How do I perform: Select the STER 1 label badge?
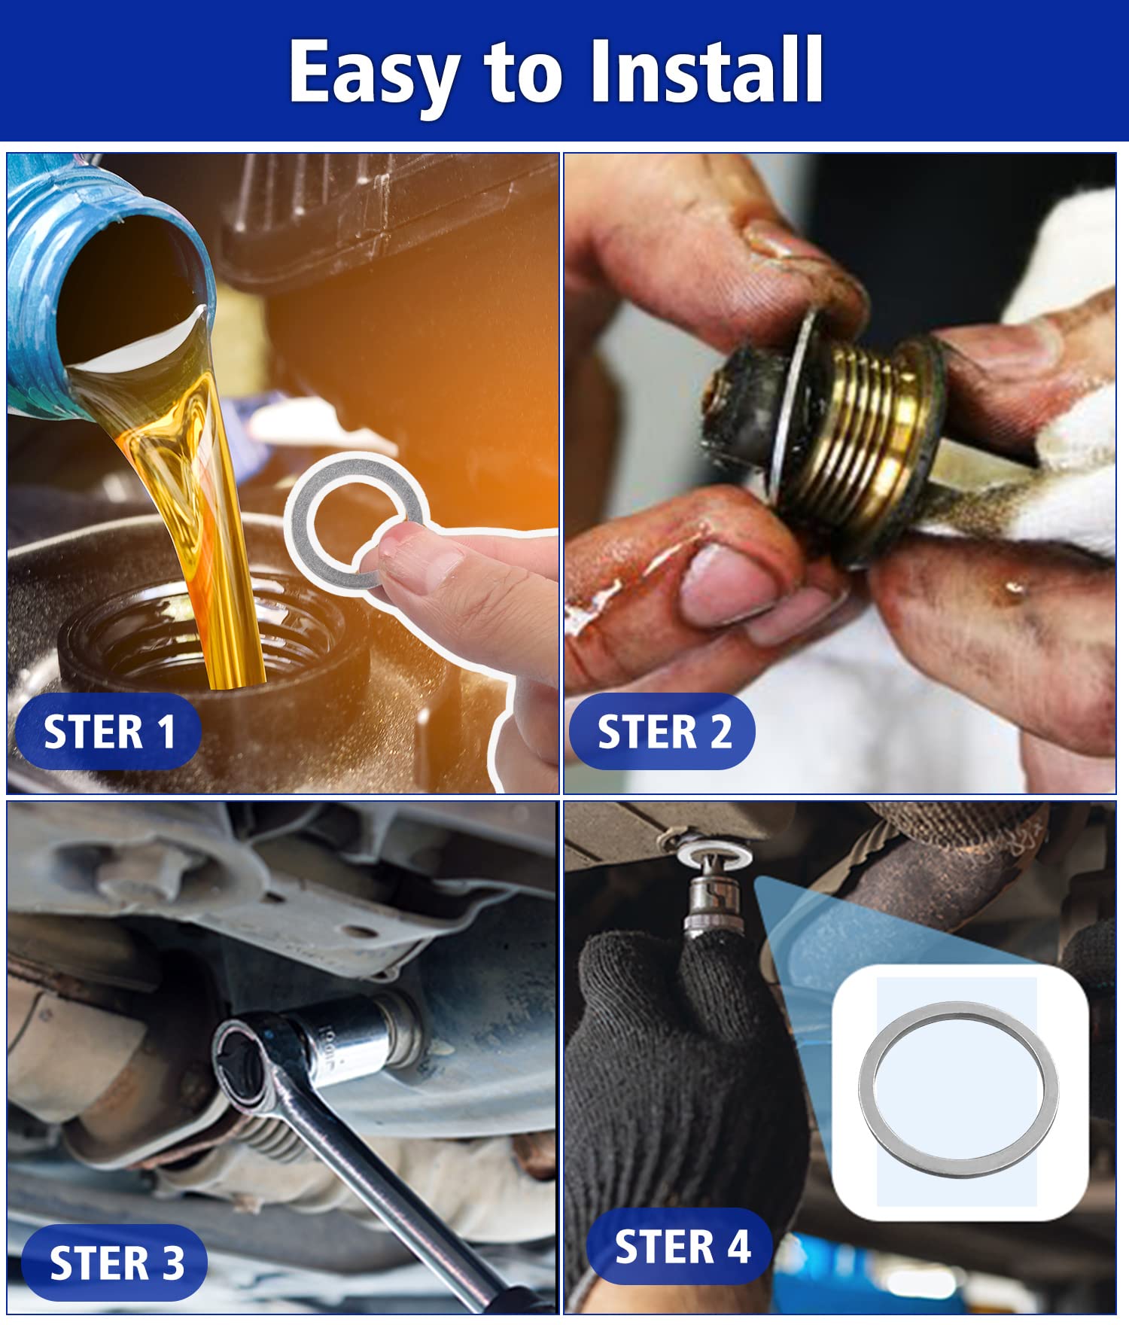(x=108, y=732)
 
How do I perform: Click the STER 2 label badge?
(x=663, y=732)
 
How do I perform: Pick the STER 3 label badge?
(x=115, y=1263)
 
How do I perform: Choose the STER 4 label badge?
(x=681, y=1246)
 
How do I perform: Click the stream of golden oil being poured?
(x=203, y=527)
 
